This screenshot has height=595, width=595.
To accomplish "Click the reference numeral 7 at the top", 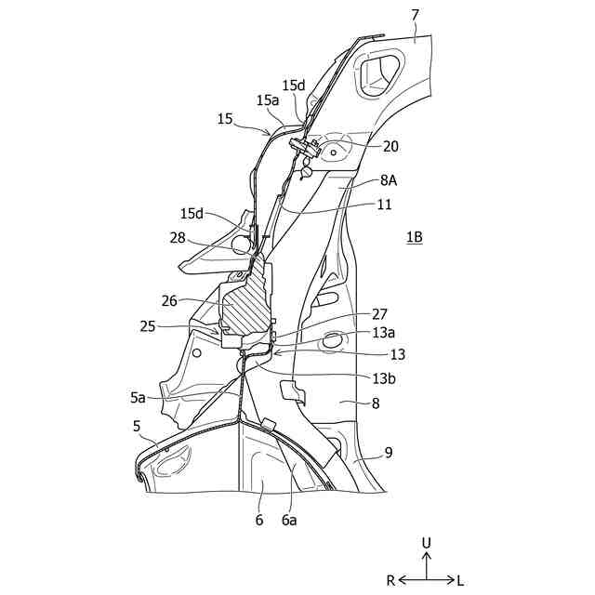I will click(x=415, y=15).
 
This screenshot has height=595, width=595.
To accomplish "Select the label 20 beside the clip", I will click(x=390, y=146).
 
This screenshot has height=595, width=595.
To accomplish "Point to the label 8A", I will click(x=390, y=183).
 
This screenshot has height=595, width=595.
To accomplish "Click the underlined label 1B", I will click(x=414, y=237).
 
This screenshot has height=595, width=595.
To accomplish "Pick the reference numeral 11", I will click(x=385, y=205).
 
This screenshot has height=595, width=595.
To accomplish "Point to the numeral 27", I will click(x=379, y=314).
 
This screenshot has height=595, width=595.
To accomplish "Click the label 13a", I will click(x=382, y=333).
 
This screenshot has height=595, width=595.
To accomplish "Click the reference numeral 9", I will click(x=388, y=453).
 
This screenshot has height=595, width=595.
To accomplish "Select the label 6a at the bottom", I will click(x=289, y=521).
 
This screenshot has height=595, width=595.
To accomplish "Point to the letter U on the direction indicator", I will click(x=427, y=541).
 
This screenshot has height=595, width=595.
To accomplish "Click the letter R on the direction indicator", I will click(x=391, y=580).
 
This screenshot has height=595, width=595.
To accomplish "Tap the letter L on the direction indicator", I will click(x=461, y=580).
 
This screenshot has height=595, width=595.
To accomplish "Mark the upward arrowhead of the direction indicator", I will click(x=427, y=556).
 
